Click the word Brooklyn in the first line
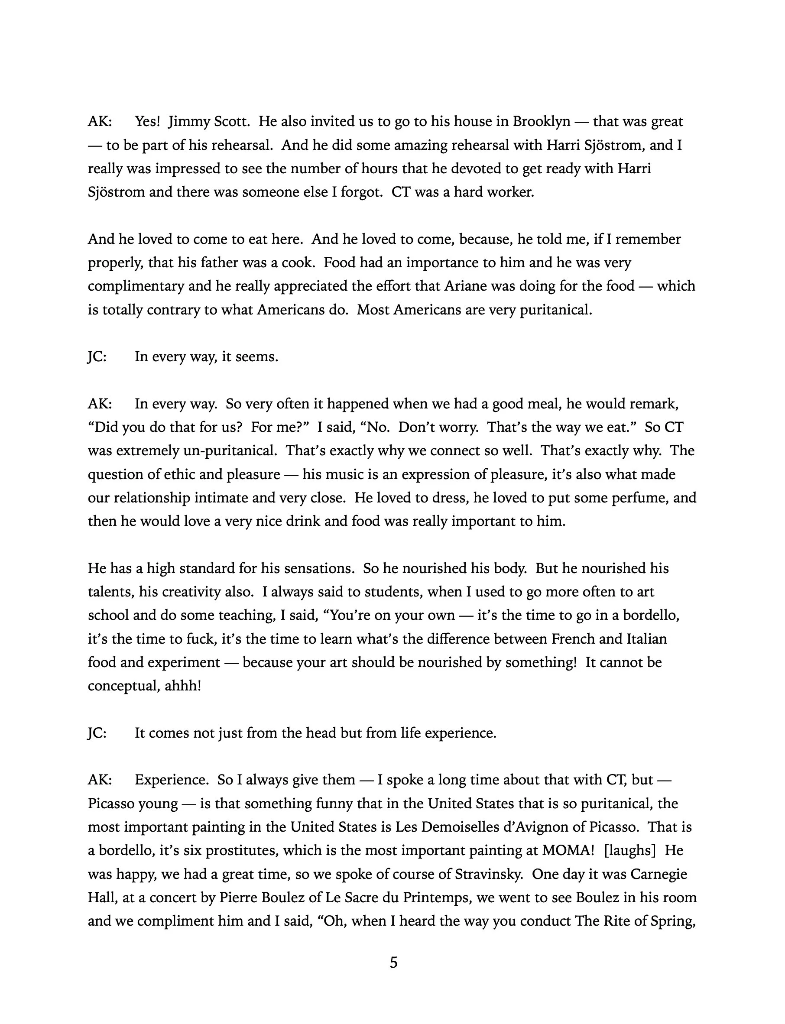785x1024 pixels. [x=541, y=121]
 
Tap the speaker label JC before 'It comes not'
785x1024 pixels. [x=97, y=733]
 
